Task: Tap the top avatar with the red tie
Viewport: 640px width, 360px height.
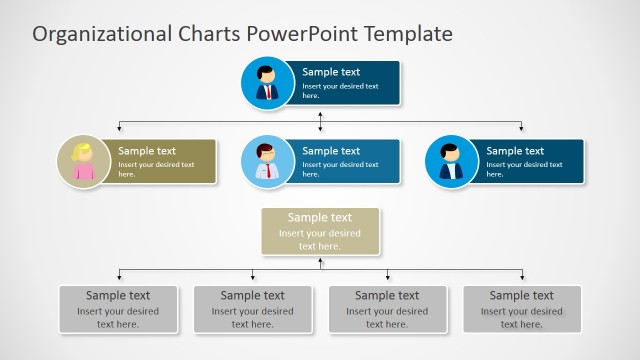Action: (x=267, y=83)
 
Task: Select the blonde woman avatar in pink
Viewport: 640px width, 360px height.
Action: (x=83, y=161)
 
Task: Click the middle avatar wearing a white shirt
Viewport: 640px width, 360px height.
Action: (x=267, y=161)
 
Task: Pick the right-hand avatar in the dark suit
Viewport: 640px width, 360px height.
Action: (x=451, y=161)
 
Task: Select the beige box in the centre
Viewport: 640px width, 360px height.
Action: (x=320, y=231)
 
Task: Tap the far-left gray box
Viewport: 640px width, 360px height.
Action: (x=118, y=309)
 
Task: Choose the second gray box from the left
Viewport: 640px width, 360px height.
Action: (x=253, y=309)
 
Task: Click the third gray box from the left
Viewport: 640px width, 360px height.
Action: (x=387, y=309)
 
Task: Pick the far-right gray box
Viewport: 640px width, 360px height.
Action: (x=522, y=309)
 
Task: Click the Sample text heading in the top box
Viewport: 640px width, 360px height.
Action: (x=331, y=72)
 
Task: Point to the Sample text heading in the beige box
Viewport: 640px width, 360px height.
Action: (x=320, y=217)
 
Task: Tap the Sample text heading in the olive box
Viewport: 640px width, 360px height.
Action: (x=147, y=151)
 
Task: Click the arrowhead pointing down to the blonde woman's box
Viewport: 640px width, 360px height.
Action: (x=119, y=128)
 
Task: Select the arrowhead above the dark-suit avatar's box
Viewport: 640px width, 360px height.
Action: (x=521, y=128)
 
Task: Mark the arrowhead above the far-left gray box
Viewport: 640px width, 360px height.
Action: (x=119, y=276)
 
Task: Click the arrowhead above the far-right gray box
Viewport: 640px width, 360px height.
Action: (x=521, y=276)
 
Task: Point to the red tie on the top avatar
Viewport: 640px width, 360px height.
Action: (x=267, y=92)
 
